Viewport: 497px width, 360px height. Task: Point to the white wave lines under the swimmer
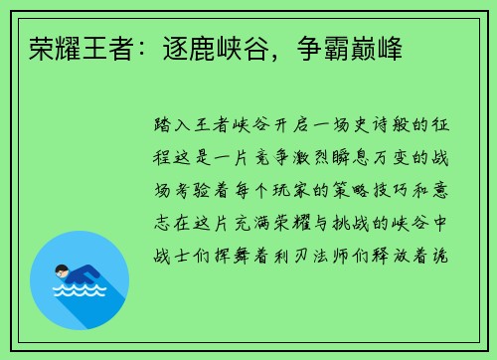pos(81,291)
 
